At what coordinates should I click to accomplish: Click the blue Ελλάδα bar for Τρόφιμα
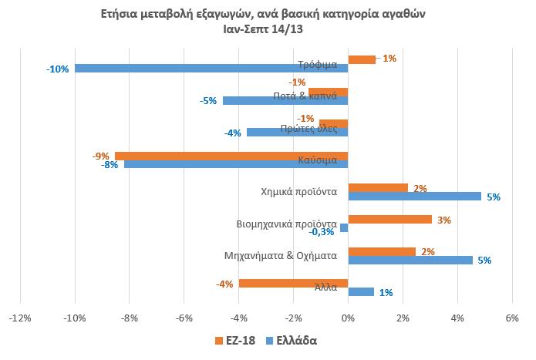point(211,69)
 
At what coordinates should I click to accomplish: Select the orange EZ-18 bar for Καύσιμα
point(231,156)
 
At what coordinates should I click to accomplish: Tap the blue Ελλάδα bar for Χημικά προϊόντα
point(415,197)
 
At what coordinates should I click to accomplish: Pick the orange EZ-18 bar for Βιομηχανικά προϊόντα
point(390,220)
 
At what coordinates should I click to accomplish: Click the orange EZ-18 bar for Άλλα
point(293,284)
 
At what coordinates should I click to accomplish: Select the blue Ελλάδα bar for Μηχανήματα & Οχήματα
point(410,261)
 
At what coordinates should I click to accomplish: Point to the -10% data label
point(57,69)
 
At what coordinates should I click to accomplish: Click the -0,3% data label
point(322,232)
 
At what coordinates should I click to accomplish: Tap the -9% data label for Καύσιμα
point(101,156)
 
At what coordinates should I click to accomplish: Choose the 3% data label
point(444,220)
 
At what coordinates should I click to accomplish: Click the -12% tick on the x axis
point(20,318)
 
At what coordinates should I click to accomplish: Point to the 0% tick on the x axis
point(348,318)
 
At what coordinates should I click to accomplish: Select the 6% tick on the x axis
point(512,318)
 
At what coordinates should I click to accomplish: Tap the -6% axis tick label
point(184,318)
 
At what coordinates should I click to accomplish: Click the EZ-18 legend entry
point(235,341)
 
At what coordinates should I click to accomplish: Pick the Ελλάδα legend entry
point(292,341)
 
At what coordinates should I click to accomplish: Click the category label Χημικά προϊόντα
point(299,192)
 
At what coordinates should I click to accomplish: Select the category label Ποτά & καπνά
point(305,96)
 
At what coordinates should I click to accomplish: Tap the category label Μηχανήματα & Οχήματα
point(281,256)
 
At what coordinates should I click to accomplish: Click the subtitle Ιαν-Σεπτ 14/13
point(263,29)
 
